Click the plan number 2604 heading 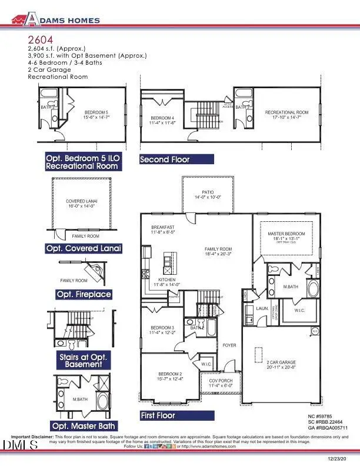tap(38, 39)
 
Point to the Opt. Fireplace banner tap(84, 294)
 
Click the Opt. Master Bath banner tap(84, 425)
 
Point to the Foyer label tap(229, 345)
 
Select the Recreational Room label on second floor tap(286, 112)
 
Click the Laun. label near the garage tap(262, 308)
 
